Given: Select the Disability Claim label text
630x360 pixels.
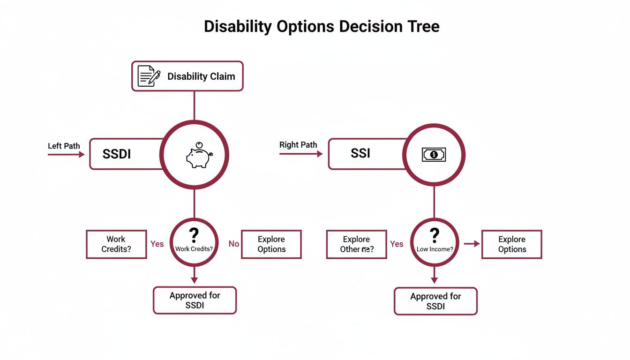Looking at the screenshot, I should [201, 76].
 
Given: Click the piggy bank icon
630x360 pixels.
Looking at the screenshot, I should [199, 156].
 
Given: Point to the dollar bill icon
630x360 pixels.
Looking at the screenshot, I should [434, 154].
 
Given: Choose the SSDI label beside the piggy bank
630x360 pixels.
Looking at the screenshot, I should [116, 154].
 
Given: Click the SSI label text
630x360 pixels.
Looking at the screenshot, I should [360, 153].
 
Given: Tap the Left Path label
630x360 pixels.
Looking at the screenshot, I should [64, 146].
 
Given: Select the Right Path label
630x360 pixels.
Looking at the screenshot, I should [298, 145].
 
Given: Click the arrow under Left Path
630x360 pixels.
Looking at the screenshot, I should [66, 154].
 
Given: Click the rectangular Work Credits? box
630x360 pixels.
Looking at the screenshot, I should [116, 244].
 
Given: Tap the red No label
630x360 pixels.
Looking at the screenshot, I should [233, 244].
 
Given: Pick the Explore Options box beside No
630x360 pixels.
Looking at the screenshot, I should [271, 244].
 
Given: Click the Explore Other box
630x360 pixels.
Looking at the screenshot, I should [356, 244].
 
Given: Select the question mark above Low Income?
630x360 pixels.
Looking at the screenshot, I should [434, 234].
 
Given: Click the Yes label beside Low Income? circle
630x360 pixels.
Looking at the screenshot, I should [397, 244].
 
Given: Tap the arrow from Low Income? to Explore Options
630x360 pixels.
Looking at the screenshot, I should [472, 244].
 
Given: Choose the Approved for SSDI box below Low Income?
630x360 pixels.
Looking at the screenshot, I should [435, 301].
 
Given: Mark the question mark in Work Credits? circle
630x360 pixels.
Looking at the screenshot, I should [194, 234].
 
